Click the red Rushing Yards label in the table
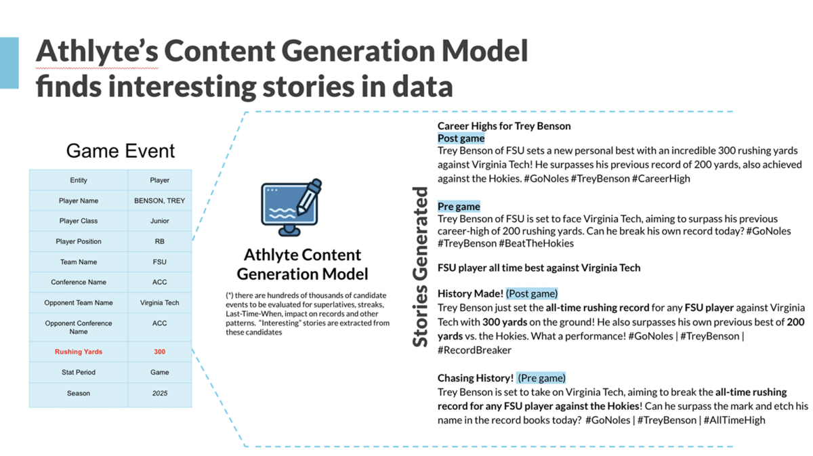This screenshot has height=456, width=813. click(79, 352)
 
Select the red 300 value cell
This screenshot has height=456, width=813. click(159, 352)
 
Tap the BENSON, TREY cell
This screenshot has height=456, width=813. click(159, 201)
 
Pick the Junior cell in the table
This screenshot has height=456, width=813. click(159, 221)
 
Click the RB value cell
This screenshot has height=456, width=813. click(159, 241)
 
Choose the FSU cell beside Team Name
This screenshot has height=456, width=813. click(159, 262)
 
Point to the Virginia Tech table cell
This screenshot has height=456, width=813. click(159, 302)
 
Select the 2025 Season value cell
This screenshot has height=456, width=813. click(160, 393)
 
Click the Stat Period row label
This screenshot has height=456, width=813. click(79, 372)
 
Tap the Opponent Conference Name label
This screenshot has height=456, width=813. click(79, 327)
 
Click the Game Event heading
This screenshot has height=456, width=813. click(121, 150)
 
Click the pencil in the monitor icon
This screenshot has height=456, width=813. click(309, 196)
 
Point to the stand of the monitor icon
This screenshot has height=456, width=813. click(289, 230)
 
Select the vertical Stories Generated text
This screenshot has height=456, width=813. click(420, 267)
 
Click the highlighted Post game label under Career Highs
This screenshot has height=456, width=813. click(461, 138)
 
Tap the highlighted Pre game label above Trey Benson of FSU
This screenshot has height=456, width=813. click(459, 207)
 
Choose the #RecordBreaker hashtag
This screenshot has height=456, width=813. click(474, 350)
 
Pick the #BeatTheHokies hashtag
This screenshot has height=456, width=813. click(537, 243)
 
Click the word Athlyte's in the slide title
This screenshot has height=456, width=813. click(97, 51)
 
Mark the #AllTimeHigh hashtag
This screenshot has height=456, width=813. click(734, 420)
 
